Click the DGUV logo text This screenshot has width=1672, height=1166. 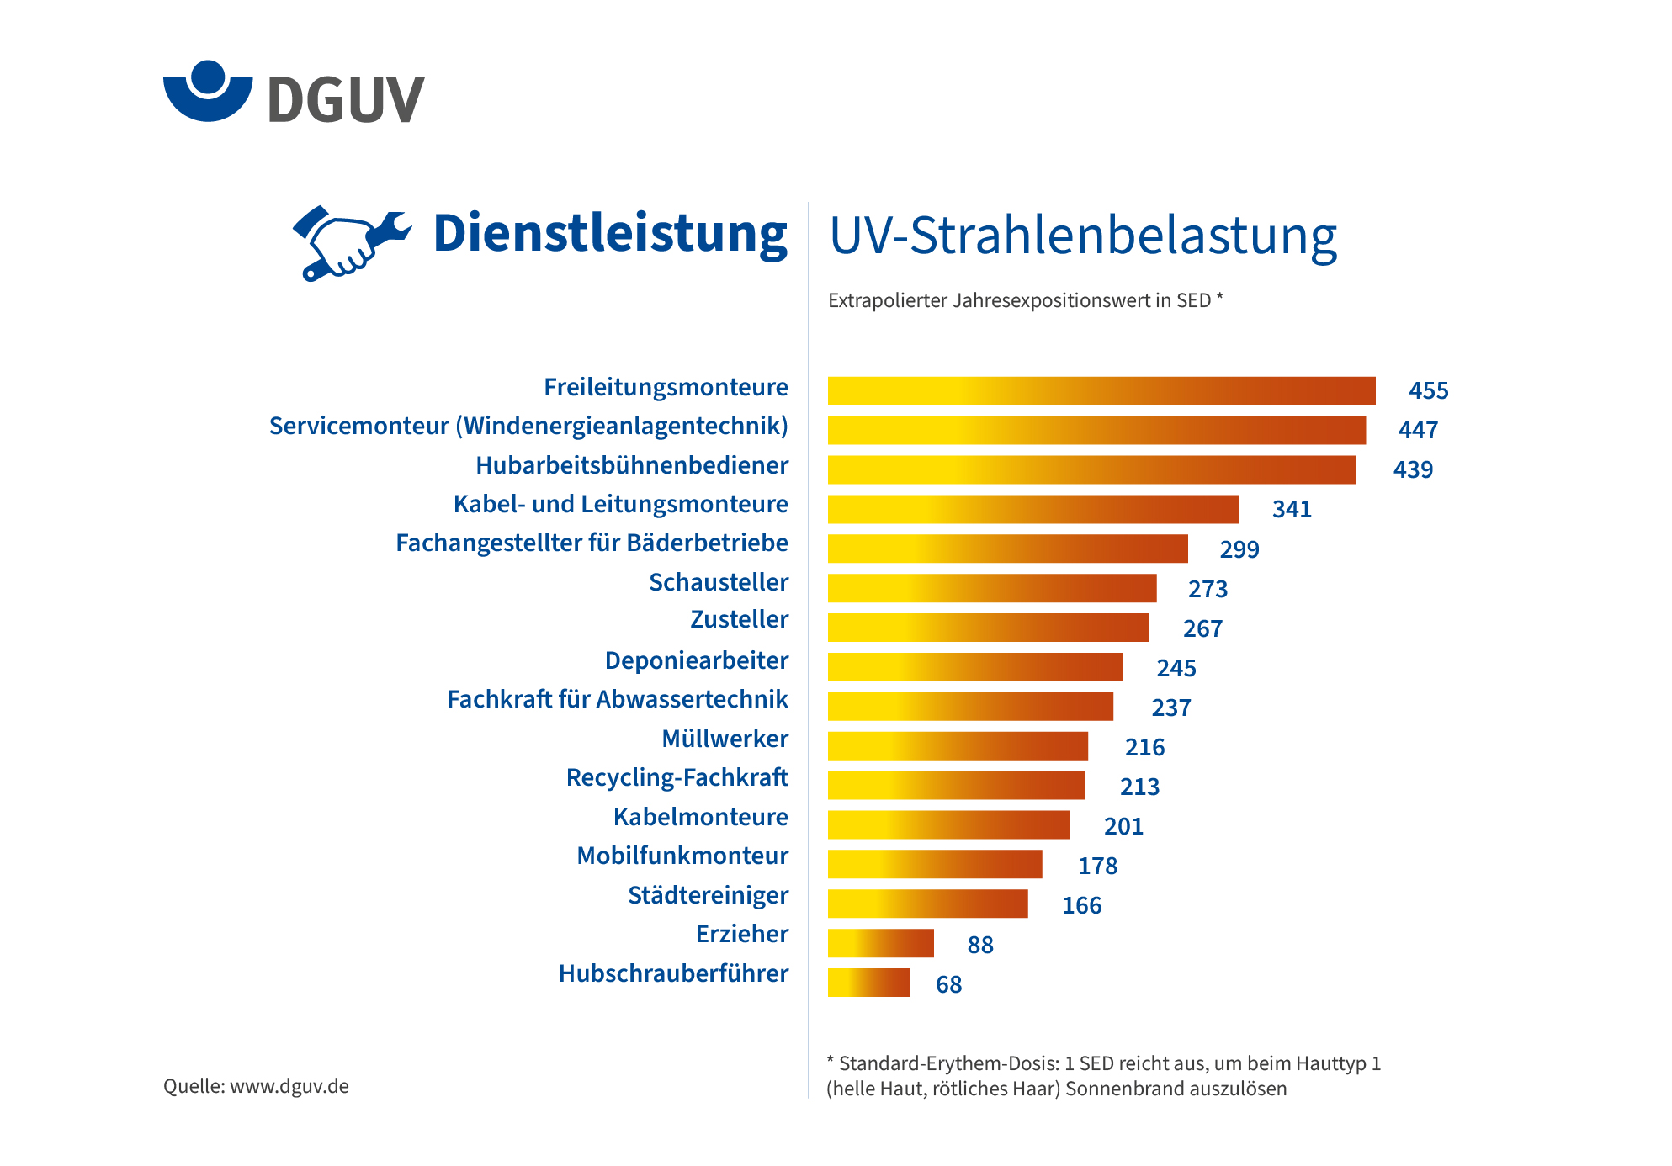[346, 99]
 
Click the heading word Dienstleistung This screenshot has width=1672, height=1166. [610, 233]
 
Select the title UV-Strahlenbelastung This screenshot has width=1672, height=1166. [1083, 236]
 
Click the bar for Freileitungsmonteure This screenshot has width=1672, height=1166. [1101, 391]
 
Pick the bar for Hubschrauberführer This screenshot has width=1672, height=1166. [868, 983]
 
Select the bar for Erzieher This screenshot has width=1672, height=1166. [880, 943]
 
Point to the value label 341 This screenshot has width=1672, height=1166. [1292, 510]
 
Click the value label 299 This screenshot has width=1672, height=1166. [1239, 549]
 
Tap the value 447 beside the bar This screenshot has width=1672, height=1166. [1418, 431]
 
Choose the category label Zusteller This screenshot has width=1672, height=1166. [739, 620]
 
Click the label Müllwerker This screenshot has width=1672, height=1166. [725, 739]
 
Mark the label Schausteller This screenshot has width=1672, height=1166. [719, 582]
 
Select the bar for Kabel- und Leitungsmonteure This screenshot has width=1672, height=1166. [1032, 510]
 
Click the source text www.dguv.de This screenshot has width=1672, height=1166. [289, 1086]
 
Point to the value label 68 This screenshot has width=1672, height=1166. [948, 984]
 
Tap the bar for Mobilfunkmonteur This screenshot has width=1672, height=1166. [934, 864]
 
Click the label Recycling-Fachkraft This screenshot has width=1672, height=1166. [677, 778]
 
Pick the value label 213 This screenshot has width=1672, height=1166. [1139, 787]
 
